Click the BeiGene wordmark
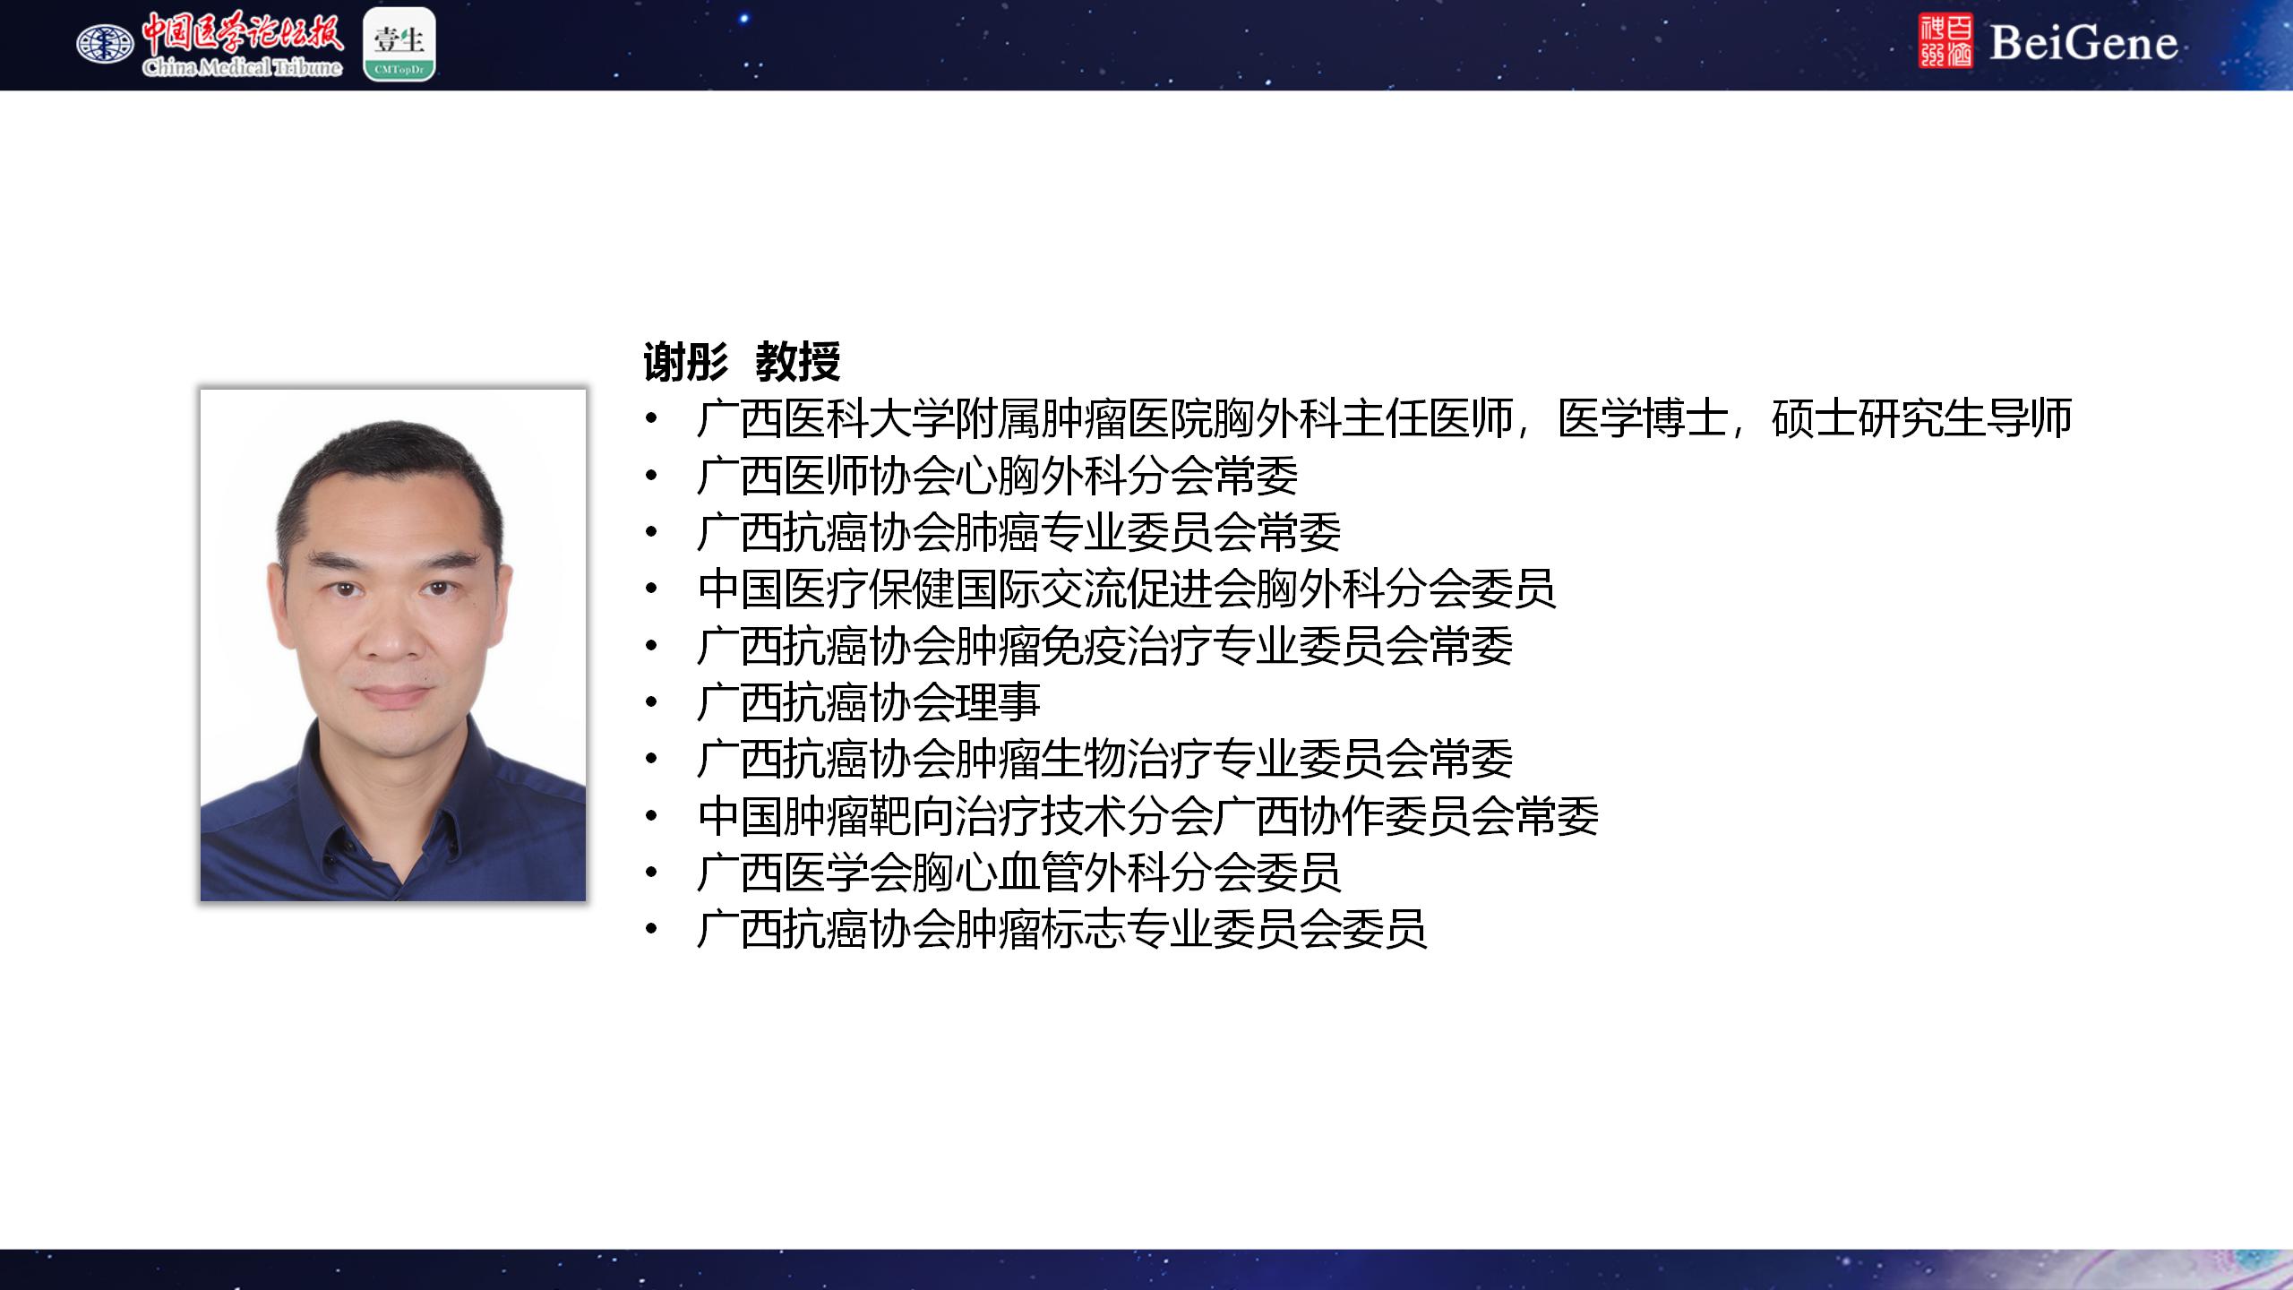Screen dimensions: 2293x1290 (2083, 43)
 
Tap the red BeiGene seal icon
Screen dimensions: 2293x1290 (1945, 41)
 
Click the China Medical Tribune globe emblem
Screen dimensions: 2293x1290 (105, 43)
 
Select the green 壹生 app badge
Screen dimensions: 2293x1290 (399, 44)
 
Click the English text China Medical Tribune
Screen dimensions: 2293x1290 (242, 67)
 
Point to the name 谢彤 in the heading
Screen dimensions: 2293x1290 (686, 362)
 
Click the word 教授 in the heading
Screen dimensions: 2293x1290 (798, 362)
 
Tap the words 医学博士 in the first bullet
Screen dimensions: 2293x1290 (1644, 418)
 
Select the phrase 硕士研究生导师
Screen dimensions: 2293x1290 (1922, 418)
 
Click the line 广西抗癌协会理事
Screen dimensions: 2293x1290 (869, 702)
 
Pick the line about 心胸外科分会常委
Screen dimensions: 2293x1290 (998, 476)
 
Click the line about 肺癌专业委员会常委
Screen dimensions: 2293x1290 (1019, 532)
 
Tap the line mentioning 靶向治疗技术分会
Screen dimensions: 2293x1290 (1148, 816)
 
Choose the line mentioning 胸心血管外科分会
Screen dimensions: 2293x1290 (1019, 873)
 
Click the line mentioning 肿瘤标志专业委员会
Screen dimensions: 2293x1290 (1062, 930)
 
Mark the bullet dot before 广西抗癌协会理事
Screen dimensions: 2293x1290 (651, 703)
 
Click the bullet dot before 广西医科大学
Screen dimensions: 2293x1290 (651, 419)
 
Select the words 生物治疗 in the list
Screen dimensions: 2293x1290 (1127, 759)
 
